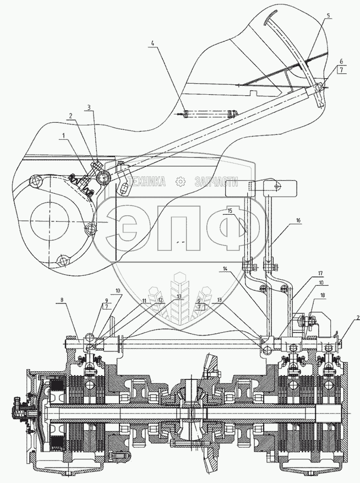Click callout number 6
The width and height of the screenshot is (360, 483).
coord(341,61)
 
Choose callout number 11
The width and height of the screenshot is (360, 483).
coord(144,300)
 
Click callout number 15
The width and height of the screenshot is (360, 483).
coord(231,211)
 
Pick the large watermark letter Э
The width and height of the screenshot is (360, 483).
coord(133,229)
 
